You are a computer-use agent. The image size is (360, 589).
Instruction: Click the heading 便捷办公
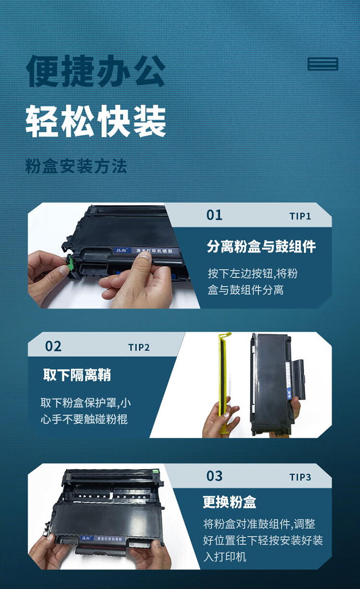[x=96, y=71]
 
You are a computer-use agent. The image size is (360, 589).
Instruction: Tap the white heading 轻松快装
[x=96, y=121]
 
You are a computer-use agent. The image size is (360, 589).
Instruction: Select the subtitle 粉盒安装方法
[x=76, y=166]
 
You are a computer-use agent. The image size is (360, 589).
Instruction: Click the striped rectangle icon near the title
[x=323, y=64]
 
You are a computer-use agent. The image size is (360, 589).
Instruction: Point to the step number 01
[x=214, y=215]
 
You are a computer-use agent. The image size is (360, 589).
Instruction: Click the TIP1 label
[x=300, y=216]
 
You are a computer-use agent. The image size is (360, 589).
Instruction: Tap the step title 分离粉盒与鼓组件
[x=261, y=247]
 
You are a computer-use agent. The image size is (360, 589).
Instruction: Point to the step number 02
[x=53, y=346]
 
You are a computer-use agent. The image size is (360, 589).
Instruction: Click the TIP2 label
[x=139, y=348]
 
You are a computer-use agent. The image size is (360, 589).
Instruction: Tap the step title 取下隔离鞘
[x=77, y=375]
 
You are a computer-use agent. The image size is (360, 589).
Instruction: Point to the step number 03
[x=214, y=476]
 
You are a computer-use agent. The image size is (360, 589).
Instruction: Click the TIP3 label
[x=300, y=477]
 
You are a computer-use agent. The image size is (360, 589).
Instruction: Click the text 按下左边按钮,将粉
[x=252, y=273]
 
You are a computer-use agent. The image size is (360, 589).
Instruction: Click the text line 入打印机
[x=225, y=557]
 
